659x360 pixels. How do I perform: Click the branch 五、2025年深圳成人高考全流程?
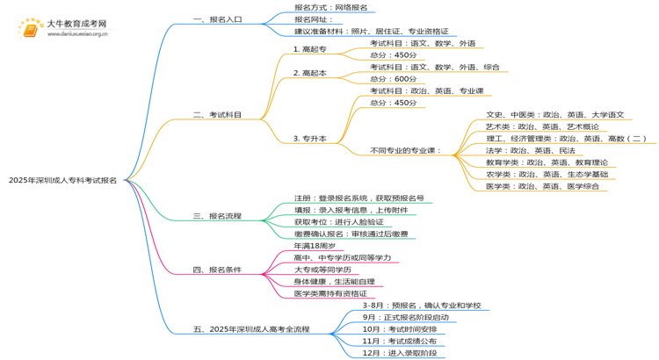(x=251, y=329)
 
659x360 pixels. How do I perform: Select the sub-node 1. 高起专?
(x=309, y=49)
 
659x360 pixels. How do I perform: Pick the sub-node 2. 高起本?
(x=309, y=74)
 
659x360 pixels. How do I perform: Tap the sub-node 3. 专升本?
(x=309, y=139)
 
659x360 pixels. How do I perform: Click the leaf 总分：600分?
(x=394, y=79)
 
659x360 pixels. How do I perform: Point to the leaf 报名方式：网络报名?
(x=331, y=7)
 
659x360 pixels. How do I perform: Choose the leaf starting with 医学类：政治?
(x=546, y=186)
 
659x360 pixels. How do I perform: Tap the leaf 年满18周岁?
(x=314, y=246)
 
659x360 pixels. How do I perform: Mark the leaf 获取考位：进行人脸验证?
(x=338, y=222)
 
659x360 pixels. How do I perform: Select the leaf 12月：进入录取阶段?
(x=399, y=353)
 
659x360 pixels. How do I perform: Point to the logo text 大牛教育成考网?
(x=76, y=25)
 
